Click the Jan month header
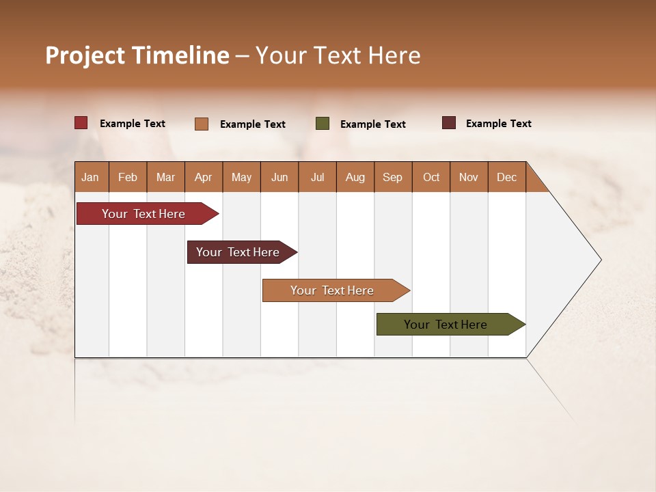(90, 177)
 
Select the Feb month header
(128, 177)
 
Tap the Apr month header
(204, 177)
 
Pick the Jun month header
(279, 177)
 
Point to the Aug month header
(355, 177)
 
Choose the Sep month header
(393, 177)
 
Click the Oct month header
(431, 177)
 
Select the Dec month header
(507, 177)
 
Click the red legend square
(81, 123)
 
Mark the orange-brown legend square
(202, 124)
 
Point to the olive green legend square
(323, 124)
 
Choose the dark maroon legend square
(449, 123)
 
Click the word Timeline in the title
(180, 55)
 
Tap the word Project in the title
(85, 55)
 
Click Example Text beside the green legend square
(373, 124)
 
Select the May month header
(241, 177)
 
